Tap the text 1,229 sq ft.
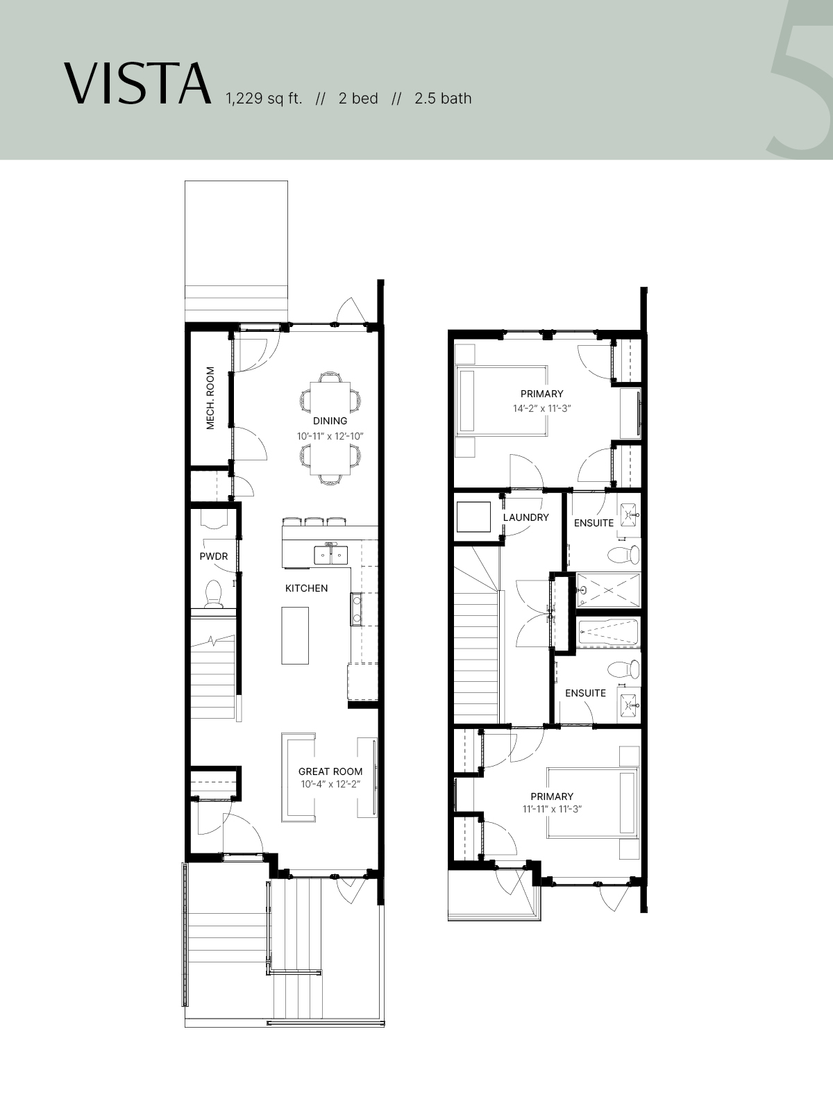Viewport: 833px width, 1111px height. click(264, 98)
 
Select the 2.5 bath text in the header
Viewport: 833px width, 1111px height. click(443, 98)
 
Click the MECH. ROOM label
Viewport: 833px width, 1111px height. click(210, 398)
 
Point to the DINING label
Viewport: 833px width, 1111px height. click(330, 421)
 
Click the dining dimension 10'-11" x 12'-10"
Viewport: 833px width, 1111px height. click(330, 436)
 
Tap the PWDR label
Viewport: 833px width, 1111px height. click(213, 556)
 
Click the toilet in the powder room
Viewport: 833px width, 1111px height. click(213, 594)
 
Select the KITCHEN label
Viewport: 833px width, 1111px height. click(307, 588)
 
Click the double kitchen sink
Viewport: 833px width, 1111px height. click(331, 555)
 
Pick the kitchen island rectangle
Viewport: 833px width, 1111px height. click(295, 635)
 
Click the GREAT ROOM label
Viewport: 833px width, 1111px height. click(330, 771)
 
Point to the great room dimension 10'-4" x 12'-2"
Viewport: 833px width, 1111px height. click(330, 784)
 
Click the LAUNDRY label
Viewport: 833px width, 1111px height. click(526, 517)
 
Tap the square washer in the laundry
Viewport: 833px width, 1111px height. click(473, 517)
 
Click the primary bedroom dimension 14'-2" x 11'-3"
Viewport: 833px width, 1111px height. click(541, 408)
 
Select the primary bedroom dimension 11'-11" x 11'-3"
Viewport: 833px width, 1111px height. click(552, 809)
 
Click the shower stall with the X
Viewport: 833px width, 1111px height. click(609, 590)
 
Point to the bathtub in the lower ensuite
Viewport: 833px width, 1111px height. click(609, 632)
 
